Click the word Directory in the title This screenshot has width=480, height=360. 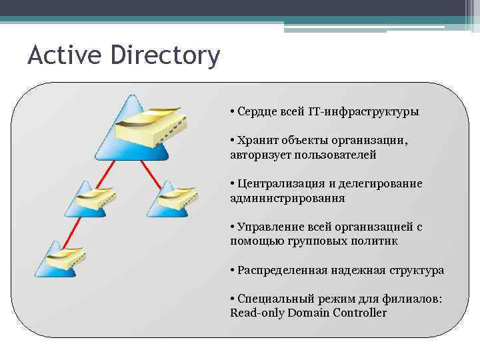[x=165, y=56]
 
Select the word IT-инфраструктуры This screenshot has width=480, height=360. [x=363, y=111]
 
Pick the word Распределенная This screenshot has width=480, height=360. [x=281, y=270]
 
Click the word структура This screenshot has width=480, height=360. [x=417, y=270]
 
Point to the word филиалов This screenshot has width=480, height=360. [x=414, y=299]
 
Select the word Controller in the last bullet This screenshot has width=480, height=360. [x=360, y=313]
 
